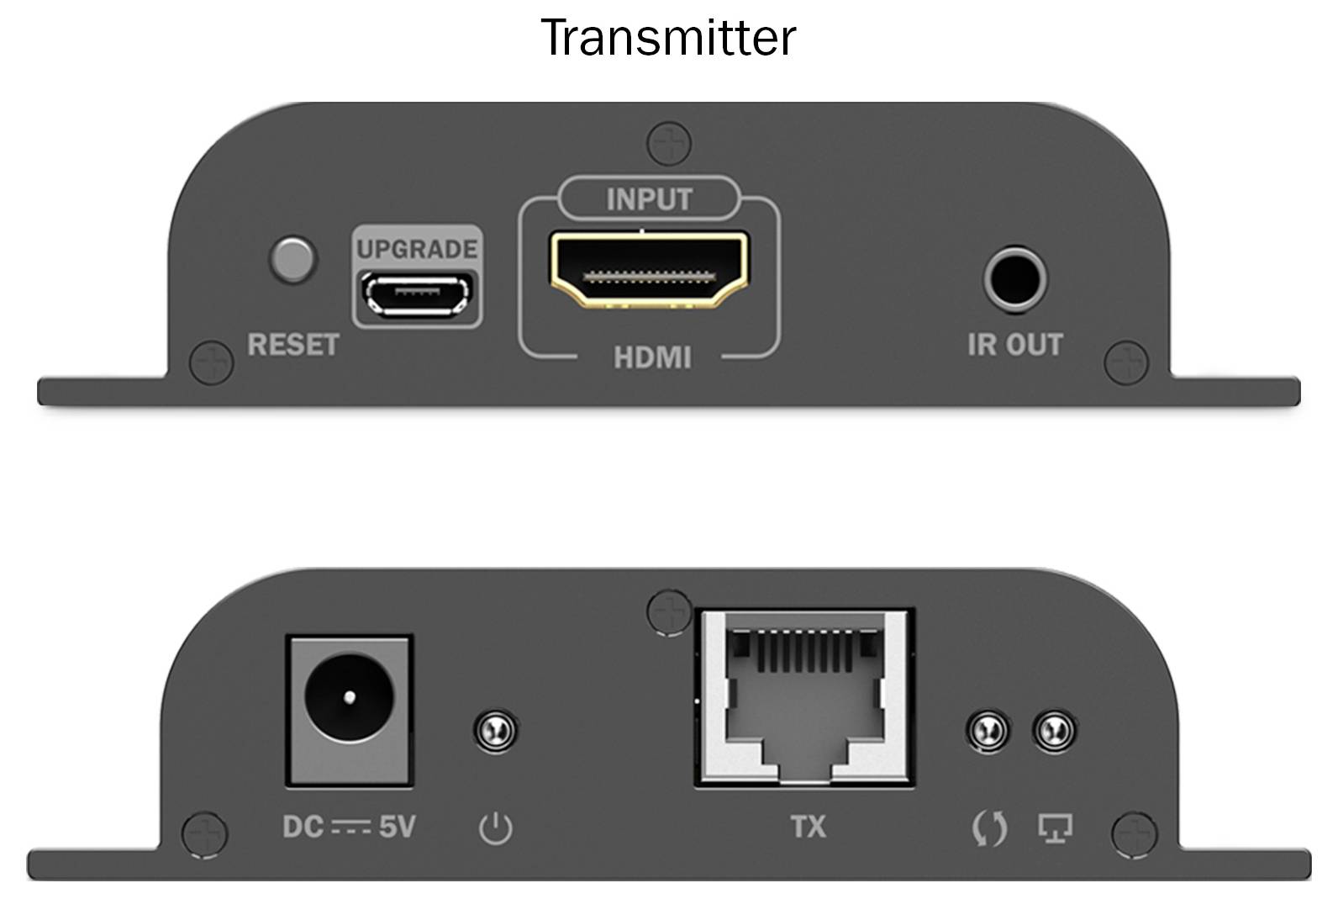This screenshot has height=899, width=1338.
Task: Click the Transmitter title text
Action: click(x=668, y=38)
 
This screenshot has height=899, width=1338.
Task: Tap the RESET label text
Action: click(x=292, y=345)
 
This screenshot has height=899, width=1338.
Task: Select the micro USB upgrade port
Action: click(x=418, y=294)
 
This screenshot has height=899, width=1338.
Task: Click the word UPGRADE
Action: click(x=417, y=249)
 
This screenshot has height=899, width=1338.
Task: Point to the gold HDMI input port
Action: click(x=649, y=270)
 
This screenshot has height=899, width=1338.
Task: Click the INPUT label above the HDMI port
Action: click(x=649, y=199)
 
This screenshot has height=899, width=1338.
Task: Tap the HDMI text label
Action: click(x=652, y=358)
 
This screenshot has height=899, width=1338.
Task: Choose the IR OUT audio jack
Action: click(x=1015, y=279)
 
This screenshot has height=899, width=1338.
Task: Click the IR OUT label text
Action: click(x=1014, y=345)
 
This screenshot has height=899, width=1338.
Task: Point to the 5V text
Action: click(x=397, y=828)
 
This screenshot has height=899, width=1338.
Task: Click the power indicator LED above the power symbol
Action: click(x=495, y=730)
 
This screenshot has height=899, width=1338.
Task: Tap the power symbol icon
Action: click(x=495, y=828)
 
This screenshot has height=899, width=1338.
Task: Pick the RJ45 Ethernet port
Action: click(x=804, y=698)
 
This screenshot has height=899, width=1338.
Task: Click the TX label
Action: click(x=808, y=828)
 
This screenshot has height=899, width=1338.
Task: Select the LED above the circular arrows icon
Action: click(x=988, y=730)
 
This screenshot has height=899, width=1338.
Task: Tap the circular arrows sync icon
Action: click(x=989, y=828)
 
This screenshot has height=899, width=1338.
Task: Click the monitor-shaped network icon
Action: click(x=1055, y=828)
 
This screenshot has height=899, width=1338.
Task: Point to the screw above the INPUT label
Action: click(x=668, y=143)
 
